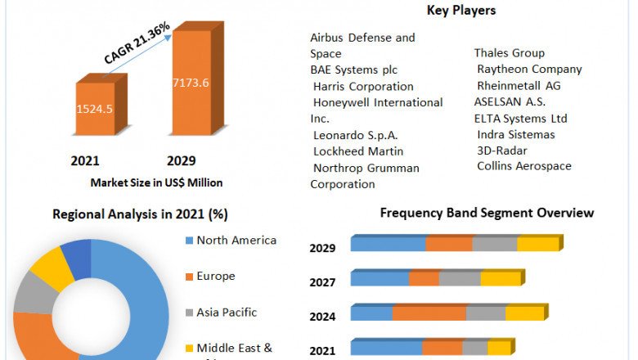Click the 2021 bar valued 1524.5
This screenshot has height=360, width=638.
(95, 108)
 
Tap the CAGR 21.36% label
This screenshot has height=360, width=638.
(137, 43)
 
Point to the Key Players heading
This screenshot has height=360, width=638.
(461, 11)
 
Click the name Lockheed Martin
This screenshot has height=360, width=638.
(358, 151)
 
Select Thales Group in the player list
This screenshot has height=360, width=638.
(510, 53)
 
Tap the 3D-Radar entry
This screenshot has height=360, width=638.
(502, 151)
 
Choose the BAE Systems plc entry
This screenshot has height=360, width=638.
(353, 70)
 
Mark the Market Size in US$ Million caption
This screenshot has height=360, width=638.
(156, 182)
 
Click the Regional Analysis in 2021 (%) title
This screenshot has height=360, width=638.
(140, 214)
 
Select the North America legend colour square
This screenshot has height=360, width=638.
(189, 241)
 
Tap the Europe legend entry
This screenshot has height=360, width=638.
(215, 277)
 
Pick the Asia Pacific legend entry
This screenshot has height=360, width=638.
(227, 313)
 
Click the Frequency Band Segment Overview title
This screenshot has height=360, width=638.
(487, 213)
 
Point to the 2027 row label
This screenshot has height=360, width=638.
(322, 282)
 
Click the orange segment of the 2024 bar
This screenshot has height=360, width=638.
(429, 313)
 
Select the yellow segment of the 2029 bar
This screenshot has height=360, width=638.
(537, 244)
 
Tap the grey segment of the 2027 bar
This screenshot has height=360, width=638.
(460, 279)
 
